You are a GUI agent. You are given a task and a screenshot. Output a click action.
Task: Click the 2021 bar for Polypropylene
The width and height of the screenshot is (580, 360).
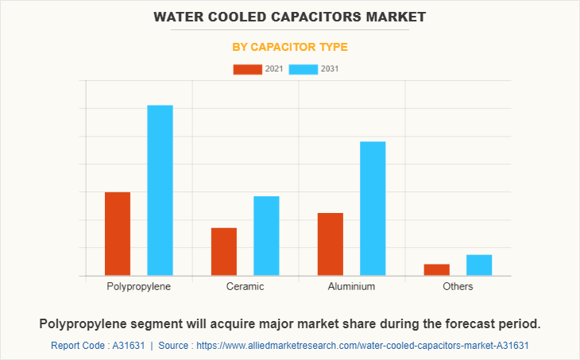tap(118, 234)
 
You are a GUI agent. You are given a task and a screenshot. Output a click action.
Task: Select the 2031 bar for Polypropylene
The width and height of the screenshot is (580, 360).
tap(160, 191)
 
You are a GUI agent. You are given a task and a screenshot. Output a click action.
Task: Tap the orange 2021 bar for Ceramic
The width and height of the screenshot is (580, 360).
tap(224, 251)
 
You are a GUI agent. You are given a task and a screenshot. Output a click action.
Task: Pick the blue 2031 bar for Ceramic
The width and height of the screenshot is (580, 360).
tap(266, 235)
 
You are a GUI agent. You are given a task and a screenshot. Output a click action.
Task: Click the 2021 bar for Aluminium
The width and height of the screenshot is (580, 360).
tap(331, 244)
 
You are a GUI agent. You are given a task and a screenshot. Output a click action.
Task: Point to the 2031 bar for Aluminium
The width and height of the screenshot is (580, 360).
tap(373, 208)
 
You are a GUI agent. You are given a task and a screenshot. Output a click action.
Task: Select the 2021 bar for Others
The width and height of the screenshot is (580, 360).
tap(437, 269)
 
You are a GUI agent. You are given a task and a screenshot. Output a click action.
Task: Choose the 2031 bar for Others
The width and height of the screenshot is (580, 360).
tap(479, 265)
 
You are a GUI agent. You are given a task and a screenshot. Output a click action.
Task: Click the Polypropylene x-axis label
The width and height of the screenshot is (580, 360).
tap(139, 286)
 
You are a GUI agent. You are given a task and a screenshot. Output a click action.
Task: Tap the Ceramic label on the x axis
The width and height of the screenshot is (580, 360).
tap(245, 286)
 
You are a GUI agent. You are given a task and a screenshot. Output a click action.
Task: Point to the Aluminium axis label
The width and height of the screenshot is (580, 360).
tap(351, 286)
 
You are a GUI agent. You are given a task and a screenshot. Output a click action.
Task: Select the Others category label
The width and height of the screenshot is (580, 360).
tap(458, 286)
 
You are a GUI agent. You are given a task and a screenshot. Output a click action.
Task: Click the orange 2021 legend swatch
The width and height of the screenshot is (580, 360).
tap(247, 69)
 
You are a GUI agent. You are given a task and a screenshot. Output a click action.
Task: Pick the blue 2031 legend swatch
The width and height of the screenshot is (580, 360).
tap(304, 69)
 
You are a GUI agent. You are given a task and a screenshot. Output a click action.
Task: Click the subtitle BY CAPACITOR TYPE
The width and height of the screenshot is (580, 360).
tap(290, 47)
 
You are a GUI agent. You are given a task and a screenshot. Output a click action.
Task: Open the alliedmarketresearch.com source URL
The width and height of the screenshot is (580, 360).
tap(362, 346)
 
